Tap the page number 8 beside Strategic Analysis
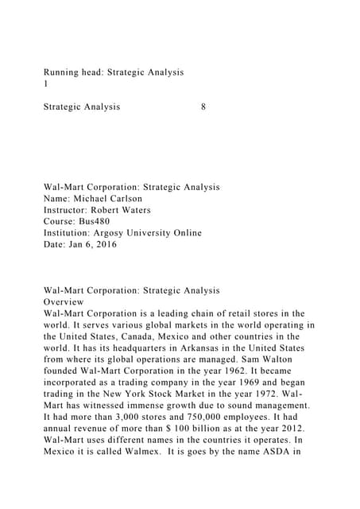tap(204, 107)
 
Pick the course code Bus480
tap(102, 222)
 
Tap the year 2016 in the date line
tap(103, 245)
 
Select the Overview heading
tap(68, 302)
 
